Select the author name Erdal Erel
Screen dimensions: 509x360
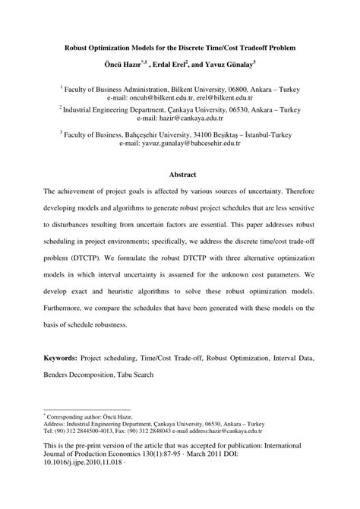[182, 66]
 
